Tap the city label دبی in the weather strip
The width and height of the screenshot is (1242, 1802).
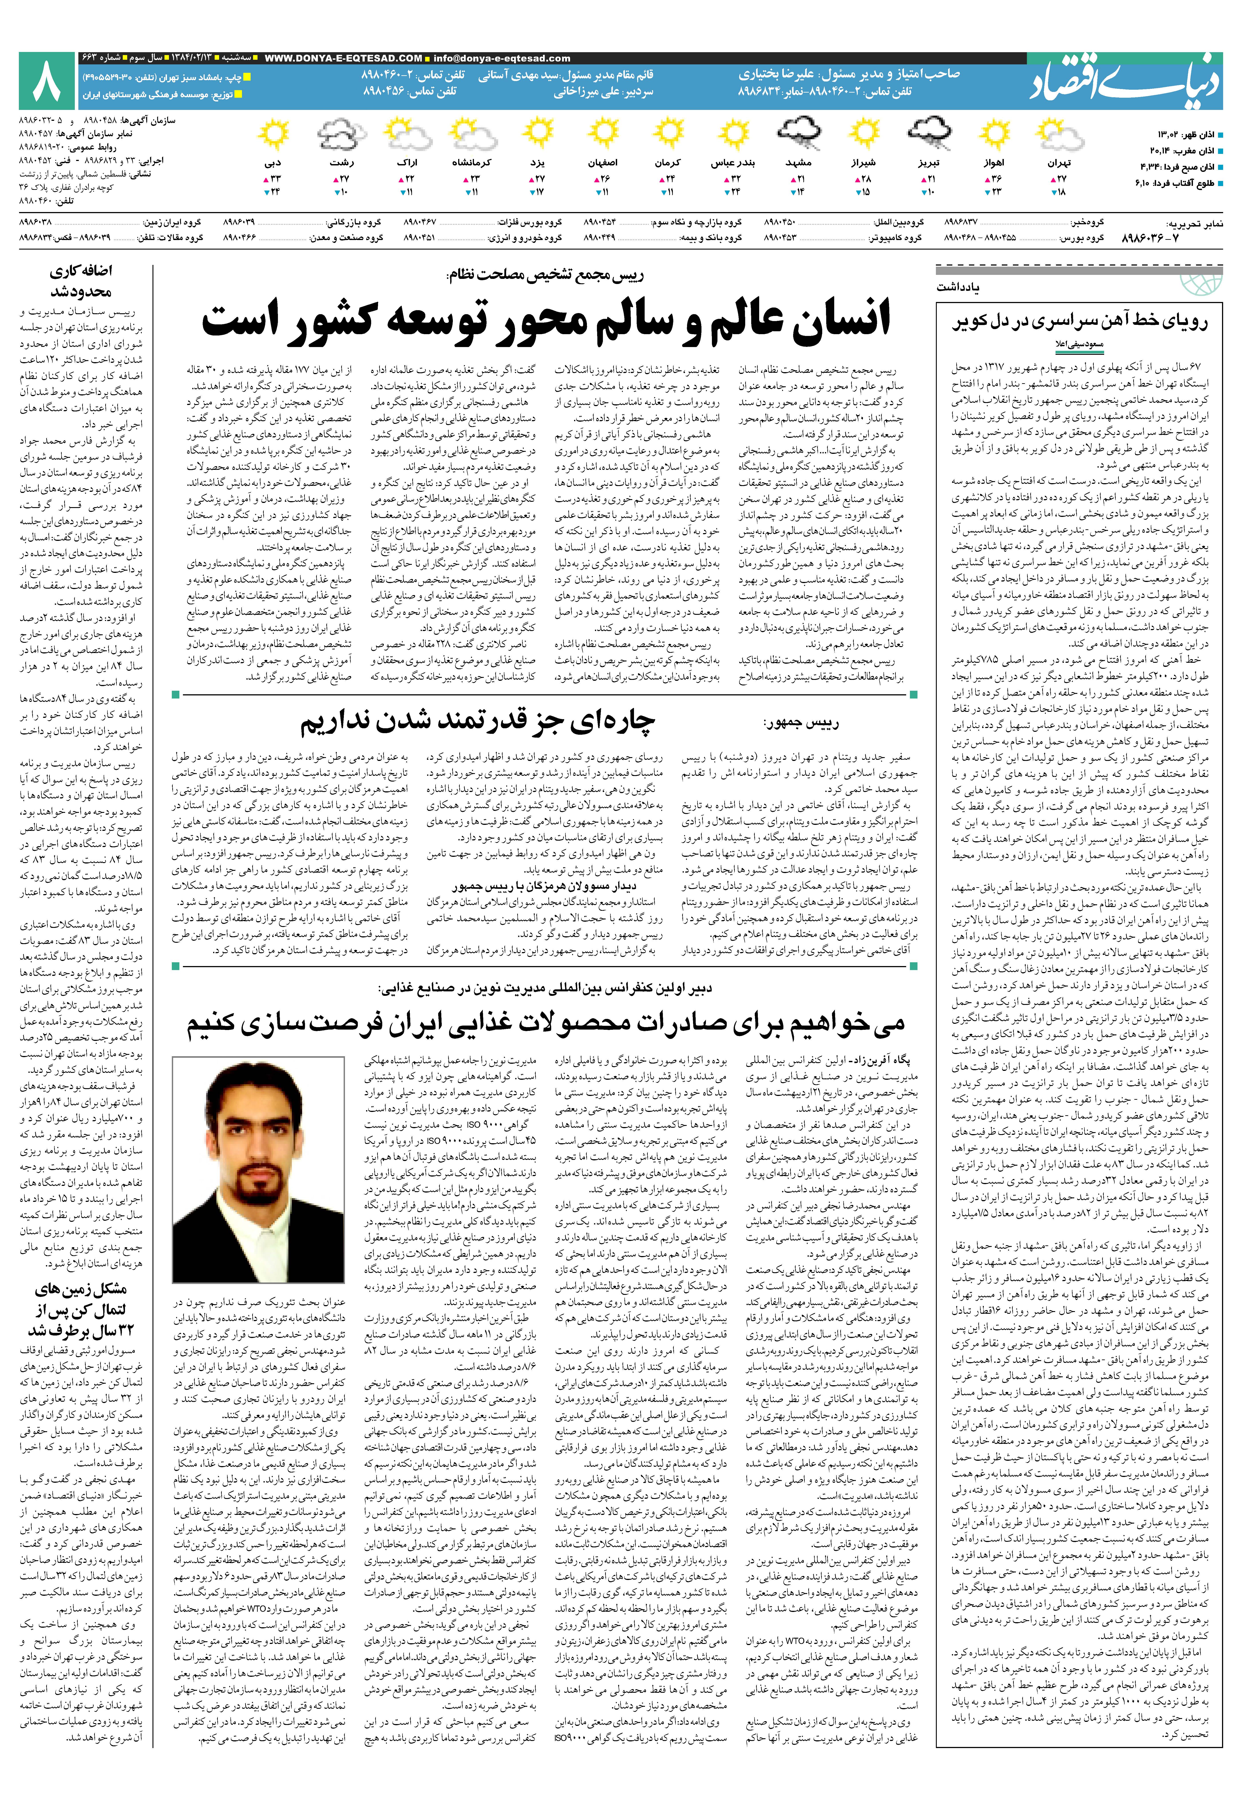[x=272, y=163]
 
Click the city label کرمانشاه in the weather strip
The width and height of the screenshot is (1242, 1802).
[x=471, y=163]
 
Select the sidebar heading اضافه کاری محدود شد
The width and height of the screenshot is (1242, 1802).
[x=81, y=282]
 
